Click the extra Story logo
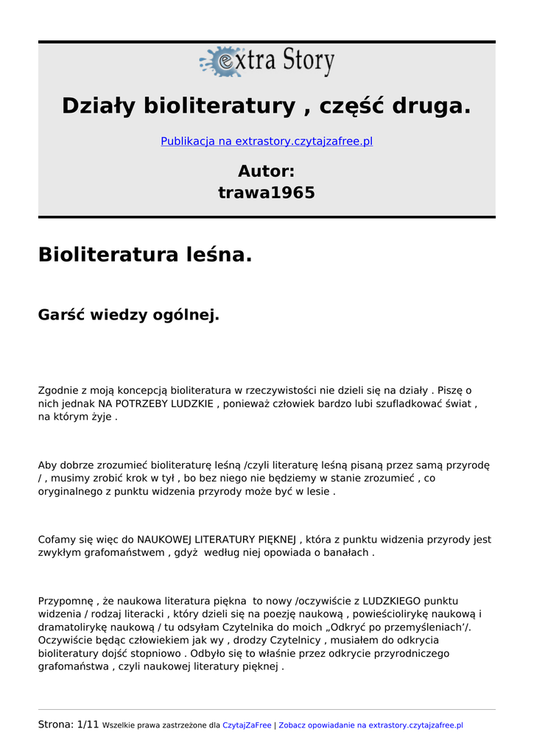[x=267, y=62]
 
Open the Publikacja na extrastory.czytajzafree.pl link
[x=267, y=141]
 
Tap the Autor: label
[x=267, y=172]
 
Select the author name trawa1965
[x=267, y=193]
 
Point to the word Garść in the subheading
[x=61, y=315]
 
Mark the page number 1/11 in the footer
[x=88, y=725]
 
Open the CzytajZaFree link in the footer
[x=247, y=725]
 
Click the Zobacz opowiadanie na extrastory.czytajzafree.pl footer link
[x=370, y=725]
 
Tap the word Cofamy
[x=57, y=540]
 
